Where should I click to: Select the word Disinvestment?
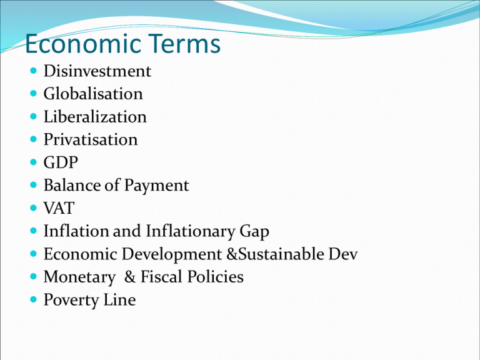97,71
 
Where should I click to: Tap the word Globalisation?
93,94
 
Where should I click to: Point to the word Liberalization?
95,117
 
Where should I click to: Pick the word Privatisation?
91,139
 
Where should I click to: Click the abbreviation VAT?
57,208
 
